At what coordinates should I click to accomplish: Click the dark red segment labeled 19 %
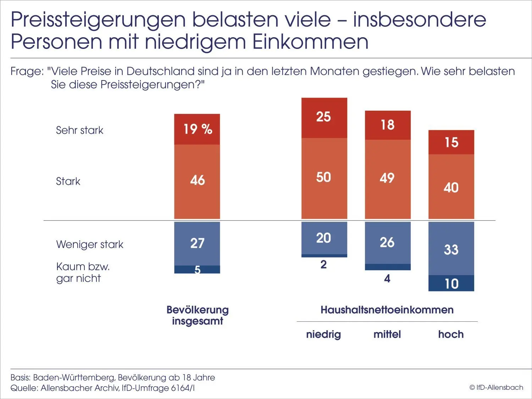tap(197, 129)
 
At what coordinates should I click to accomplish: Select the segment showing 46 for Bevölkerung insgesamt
tap(197, 181)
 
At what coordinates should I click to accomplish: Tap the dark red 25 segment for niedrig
tap(324, 117)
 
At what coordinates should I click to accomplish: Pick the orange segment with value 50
tap(324, 178)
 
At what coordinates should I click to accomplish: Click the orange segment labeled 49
tap(387, 178)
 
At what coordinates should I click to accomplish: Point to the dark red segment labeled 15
tap(451, 142)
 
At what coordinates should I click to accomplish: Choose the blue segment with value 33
tap(451, 249)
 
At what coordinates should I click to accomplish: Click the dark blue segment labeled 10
tap(451, 283)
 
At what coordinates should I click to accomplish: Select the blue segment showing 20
tap(324, 238)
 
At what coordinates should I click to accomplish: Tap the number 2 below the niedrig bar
tap(323, 265)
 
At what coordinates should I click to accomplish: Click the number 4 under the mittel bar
tap(387, 279)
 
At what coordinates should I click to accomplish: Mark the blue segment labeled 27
tap(197, 243)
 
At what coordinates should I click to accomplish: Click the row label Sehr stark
tap(79, 130)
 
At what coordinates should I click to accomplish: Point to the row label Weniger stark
tap(90, 244)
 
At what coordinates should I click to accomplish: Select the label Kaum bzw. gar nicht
tap(83, 272)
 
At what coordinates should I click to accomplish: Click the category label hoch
tap(451, 334)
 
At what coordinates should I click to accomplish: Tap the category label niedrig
tap(323, 334)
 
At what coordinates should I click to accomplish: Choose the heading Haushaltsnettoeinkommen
tap(387, 310)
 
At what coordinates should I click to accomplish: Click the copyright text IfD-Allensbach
tap(496, 388)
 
